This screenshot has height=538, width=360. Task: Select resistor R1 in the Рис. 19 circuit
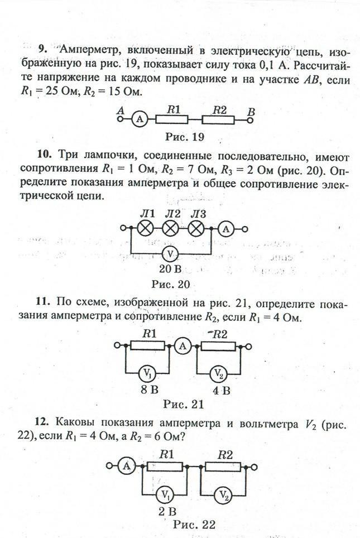click(x=171, y=119)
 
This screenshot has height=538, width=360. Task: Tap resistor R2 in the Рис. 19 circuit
click(x=218, y=120)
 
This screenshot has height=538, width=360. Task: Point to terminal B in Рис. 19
click(x=250, y=120)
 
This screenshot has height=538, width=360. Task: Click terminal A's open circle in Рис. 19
click(x=120, y=119)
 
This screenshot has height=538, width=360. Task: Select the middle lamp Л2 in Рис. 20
click(x=170, y=228)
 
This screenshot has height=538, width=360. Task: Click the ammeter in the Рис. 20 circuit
click(x=226, y=229)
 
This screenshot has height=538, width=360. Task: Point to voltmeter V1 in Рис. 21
click(x=147, y=373)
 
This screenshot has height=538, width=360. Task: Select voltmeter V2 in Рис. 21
click(x=219, y=373)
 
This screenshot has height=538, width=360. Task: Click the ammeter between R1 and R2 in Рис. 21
click(x=183, y=346)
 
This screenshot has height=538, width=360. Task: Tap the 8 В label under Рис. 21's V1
click(x=149, y=390)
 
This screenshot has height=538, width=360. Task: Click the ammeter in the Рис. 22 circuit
click(x=127, y=466)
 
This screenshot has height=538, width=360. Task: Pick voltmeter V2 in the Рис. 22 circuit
click(x=224, y=495)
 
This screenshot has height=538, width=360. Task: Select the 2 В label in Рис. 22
click(x=167, y=512)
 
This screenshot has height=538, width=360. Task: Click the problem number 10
click(x=44, y=155)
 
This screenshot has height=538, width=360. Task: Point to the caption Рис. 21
click(x=184, y=404)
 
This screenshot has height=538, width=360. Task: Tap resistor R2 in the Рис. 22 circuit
click(x=223, y=467)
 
